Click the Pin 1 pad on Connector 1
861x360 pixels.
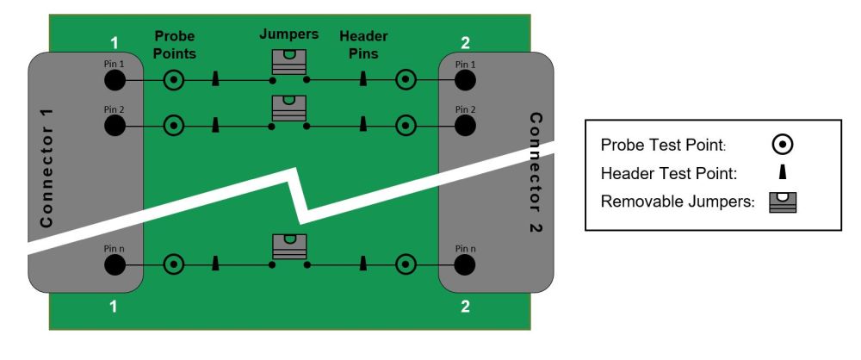click(115, 81)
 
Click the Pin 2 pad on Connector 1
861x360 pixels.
click(115, 126)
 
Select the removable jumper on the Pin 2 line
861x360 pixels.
click(288, 108)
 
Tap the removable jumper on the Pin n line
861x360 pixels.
click(288, 246)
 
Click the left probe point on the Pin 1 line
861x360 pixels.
click(175, 81)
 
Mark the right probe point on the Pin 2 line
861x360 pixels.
click(405, 126)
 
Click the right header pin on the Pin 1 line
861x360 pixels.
click(364, 80)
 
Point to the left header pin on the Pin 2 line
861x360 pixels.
click(214, 125)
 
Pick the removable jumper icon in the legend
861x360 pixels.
click(784, 203)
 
